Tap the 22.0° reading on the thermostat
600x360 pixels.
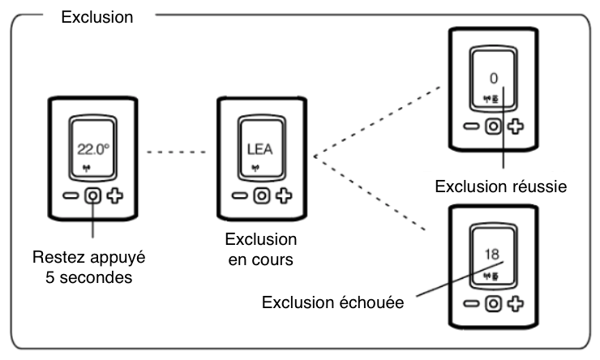point(92,149)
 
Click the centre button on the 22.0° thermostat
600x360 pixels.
point(93,195)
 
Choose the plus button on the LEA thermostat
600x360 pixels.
point(281,195)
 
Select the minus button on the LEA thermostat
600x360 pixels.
point(238,195)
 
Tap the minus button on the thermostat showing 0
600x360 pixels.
point(471,126)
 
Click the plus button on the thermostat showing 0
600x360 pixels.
point(514,126)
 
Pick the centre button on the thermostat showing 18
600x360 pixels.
point(492,303)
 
